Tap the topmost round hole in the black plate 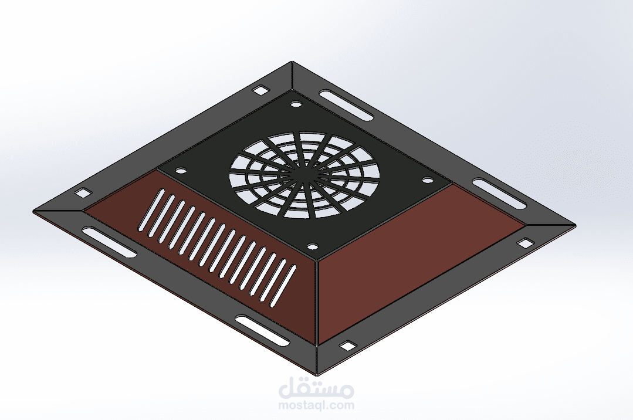click(x=296, y=104)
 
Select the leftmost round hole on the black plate click(x=182, y=171)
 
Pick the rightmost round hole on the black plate click(x=428, y=181)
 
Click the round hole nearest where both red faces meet click(x=312, y=246)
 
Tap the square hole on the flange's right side click(x=525, y=243)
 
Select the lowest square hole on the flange click(x=347, y=346)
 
